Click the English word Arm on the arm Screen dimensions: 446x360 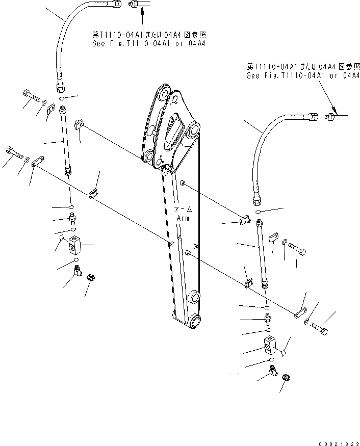point(183,218)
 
